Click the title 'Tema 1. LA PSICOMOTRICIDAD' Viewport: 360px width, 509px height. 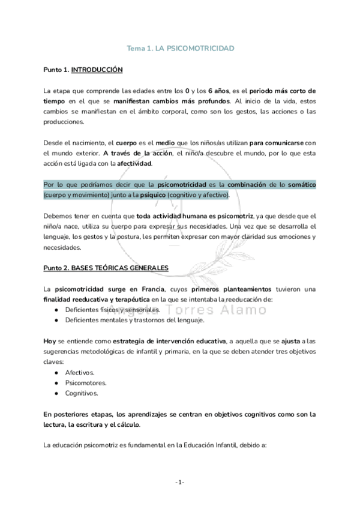(180, 47)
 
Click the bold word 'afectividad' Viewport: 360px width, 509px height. (134, 163)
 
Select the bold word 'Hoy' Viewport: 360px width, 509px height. (50, 341)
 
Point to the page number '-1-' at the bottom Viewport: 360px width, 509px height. (179, 482)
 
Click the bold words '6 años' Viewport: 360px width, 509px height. (220, 91)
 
